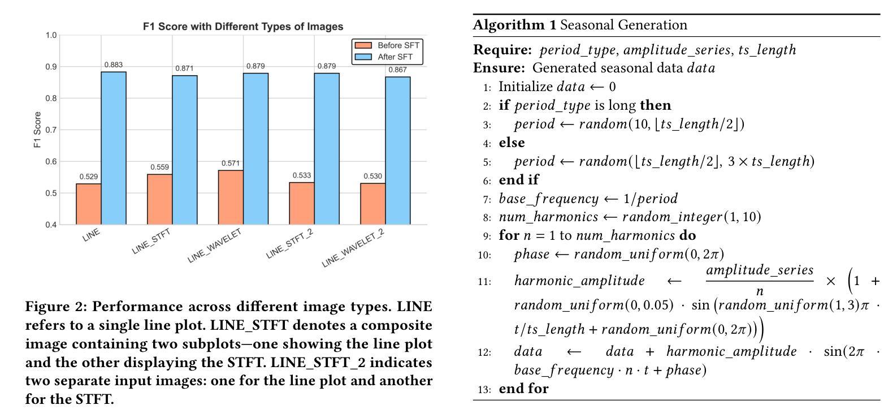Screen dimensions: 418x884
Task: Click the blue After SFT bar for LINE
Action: coord(114,148)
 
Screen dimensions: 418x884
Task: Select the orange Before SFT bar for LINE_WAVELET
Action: coord(231,197)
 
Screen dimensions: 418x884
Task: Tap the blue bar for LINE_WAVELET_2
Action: coord(398,150)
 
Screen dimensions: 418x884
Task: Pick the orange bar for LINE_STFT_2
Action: coord(302,203)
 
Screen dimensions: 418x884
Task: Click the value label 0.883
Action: coord(114,66)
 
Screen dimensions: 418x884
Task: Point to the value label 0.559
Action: coord(159,167)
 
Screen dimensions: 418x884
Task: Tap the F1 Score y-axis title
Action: coord(37,130)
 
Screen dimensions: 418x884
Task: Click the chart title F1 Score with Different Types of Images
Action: coord(242,27)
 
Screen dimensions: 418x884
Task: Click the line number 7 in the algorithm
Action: coord(488,199)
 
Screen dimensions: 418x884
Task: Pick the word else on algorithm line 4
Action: coord(512,143)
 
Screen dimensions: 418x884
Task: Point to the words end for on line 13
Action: coord(523,389)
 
